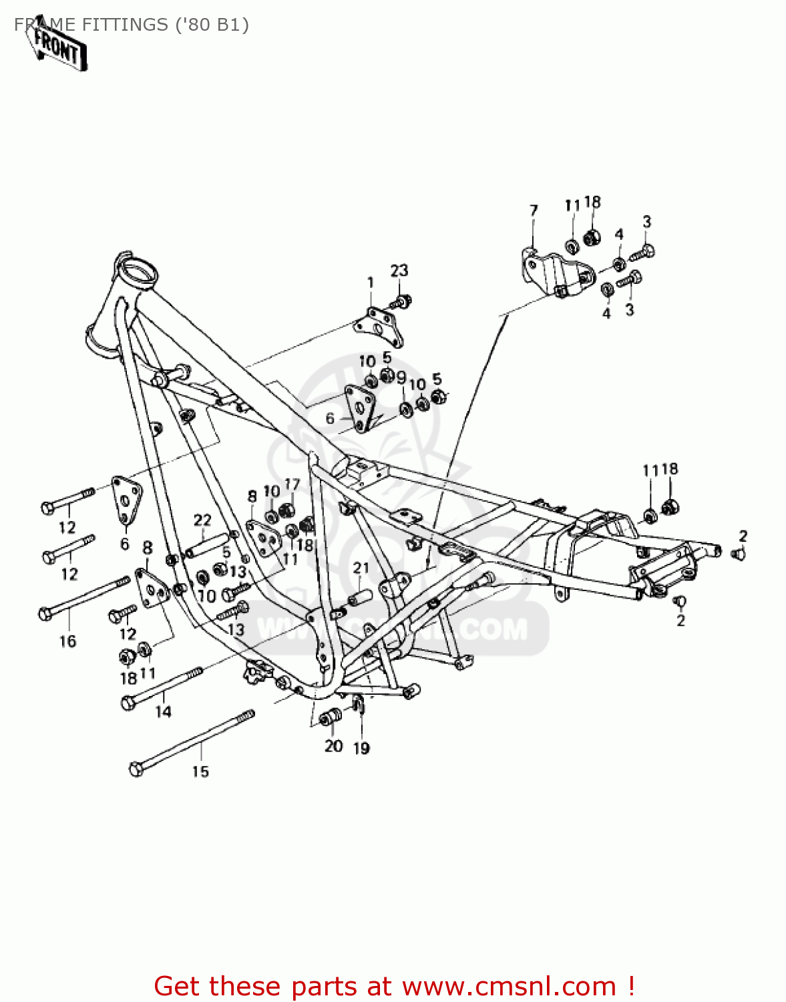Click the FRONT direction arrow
[57, 47]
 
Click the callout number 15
[200, 772]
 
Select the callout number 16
[67, 641]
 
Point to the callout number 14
[163, 712]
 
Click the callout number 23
[399, 271]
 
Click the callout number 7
[533, 211]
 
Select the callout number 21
[361, 568]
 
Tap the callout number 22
[202, 520]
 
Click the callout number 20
[333, 746]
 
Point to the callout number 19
[361, 748]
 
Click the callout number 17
[292, 484]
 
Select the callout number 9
[401, 378]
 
